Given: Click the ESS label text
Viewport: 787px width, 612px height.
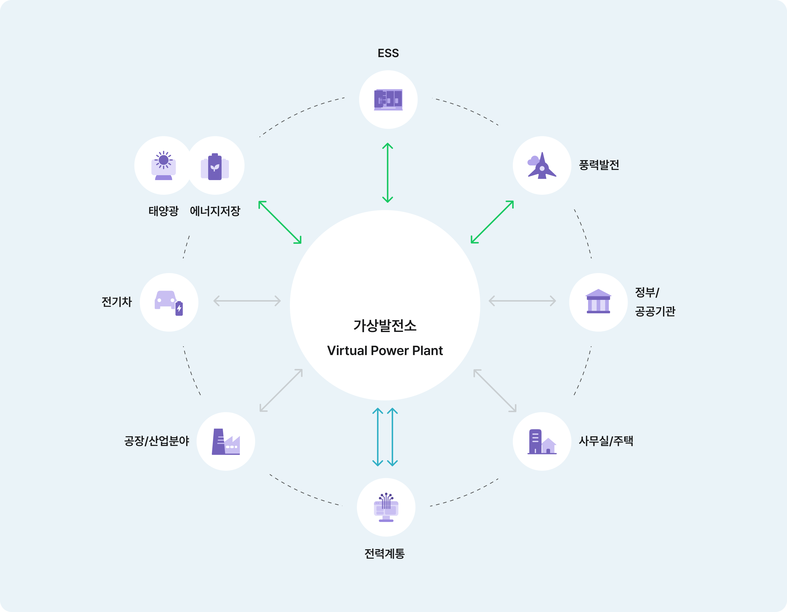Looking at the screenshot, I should (388, 53).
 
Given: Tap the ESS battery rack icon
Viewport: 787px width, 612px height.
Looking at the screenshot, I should (388, 100).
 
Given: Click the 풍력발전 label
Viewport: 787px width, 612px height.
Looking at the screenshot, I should (599, 165).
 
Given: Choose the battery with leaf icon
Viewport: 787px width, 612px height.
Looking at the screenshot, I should (215, 166).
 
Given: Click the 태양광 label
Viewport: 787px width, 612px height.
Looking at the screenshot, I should (164, 211).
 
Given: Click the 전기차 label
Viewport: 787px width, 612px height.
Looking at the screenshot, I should (117, 302).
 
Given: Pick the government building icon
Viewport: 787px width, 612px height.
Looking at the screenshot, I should (598, 302).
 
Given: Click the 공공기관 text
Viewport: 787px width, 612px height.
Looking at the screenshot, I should (655, 311).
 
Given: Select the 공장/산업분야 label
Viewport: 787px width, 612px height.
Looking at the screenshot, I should (157, 441).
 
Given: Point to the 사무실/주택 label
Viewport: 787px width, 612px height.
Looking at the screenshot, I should (606, 441).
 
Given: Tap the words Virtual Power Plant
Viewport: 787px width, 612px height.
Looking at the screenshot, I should (385, 351).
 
